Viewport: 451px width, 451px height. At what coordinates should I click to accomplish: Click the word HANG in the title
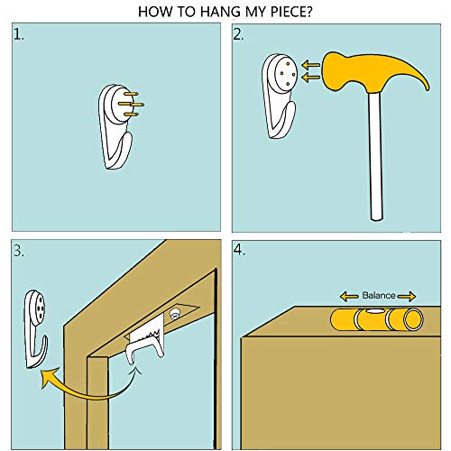(220, 12)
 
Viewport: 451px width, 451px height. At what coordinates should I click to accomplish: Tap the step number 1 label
(19, 34)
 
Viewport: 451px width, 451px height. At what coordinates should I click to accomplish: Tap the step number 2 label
(239, 35)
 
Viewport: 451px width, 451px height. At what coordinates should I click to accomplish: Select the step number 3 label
(19, 251)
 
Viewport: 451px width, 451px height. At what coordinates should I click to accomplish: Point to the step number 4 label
(239, 250)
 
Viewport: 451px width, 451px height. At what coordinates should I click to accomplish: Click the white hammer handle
(376, 155)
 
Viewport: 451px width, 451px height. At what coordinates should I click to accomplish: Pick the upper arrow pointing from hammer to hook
(311, 65)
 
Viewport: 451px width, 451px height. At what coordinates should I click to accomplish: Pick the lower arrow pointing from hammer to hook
(311, 78)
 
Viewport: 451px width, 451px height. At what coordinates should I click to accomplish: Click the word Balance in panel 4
(379, 295)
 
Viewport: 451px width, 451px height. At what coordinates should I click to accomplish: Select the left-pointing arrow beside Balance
(349, 297)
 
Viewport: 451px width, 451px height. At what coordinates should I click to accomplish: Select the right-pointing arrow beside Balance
(407, 297)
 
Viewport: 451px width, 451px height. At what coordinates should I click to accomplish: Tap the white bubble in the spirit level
(373, 311)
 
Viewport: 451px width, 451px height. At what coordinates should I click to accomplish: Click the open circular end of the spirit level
(413, 319)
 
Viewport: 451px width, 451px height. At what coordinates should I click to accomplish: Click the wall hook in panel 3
(35, 329)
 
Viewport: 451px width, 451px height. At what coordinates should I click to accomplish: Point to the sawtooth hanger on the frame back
(145, 336)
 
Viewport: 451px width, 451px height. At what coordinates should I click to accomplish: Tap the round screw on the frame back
(175, 314)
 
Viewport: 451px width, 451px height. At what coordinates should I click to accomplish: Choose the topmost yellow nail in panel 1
(131, 94)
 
